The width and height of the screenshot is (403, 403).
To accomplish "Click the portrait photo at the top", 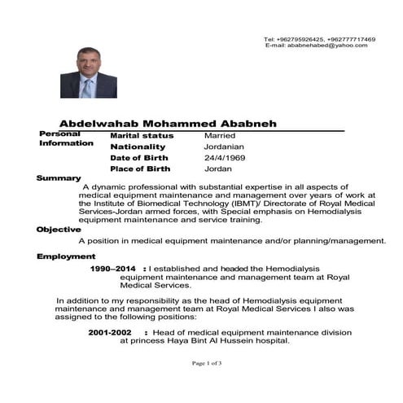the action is [88, 72].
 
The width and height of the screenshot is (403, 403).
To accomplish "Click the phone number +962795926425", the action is [291, 39].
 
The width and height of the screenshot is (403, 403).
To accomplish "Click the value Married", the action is [220, 135].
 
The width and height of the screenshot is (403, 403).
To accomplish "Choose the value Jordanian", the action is [226, 147].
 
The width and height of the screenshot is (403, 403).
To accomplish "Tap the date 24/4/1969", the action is [225, 158].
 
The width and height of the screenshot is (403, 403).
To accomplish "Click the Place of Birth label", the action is [139, 169].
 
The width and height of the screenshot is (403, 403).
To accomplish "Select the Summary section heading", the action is [59, 178].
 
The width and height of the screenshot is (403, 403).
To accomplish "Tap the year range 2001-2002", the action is [109, 332].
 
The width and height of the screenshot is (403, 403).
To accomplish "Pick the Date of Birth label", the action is [139, 158].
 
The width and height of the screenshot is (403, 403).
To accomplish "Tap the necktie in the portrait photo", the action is [87, 87].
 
